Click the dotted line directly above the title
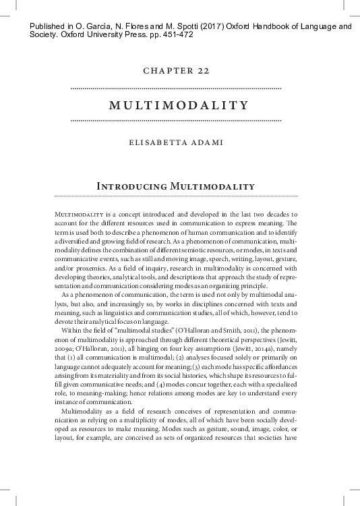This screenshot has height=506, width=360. (x=176, y=88)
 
